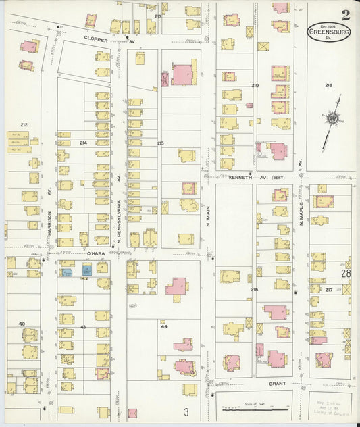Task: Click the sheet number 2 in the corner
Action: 346,14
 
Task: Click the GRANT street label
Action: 277,383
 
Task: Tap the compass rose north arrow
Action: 332,120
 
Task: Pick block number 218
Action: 328,85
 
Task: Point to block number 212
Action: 24,124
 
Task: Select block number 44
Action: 163,326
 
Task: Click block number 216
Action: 254,289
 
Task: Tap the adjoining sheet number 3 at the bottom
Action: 186,411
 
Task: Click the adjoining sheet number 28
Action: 346,274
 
